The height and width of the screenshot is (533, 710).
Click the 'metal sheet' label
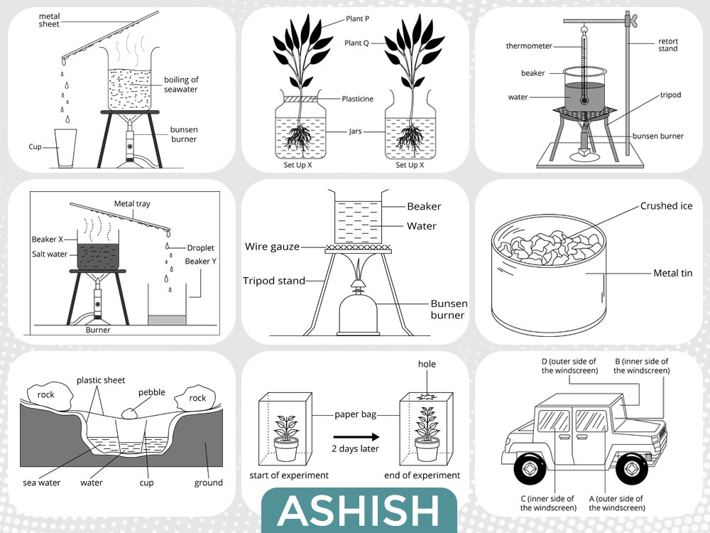click(x=50, y=20)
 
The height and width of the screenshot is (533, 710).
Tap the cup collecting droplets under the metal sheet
click(x=65, y=149)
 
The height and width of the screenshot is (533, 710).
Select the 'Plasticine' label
click(x=357, y=99)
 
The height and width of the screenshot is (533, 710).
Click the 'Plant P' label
click(x=357, y=18)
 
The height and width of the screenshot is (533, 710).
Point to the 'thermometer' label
click(x=529, y=45)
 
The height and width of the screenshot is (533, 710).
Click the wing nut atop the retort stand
click(x=630, y=19)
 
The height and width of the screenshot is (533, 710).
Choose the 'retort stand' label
click(x=668, y=45)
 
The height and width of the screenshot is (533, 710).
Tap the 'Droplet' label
click(x=200, y=248)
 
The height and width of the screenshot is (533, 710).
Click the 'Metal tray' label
click(x=132, y=204)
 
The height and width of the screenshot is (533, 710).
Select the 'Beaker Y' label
click(x=201, y=261)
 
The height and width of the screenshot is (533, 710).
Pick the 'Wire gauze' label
click(x=272, y=247)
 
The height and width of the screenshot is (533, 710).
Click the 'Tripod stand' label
click(x=274, y=281)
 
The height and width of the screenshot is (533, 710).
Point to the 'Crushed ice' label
click(x=666, y=206)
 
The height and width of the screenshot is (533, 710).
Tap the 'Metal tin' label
click(x=672, y=274)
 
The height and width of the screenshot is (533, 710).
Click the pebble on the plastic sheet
click(x=129, y=413)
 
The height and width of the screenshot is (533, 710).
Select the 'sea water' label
click(x=42, y=483)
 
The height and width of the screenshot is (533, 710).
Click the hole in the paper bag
click(x=426, y=397)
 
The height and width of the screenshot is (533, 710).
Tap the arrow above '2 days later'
click(x=356, y=437)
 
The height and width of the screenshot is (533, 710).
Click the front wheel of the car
click(x=632, y=468)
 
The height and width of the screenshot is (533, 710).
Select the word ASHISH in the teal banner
click(x=359, y=510)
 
